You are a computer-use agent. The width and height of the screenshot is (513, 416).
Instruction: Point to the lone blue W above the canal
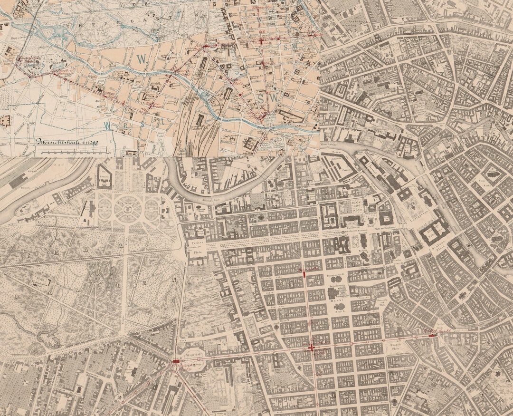pos(141,59)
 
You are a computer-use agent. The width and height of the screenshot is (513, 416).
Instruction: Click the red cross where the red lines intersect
pos(312,348)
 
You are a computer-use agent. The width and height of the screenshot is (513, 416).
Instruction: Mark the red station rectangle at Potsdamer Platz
pos(176,362)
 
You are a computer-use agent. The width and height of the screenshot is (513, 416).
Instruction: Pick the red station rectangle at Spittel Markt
pos(432,336)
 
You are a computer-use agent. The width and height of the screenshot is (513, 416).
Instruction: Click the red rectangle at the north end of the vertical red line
pos(304,274)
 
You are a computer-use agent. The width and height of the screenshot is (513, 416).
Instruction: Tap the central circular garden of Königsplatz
pos(128,209)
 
